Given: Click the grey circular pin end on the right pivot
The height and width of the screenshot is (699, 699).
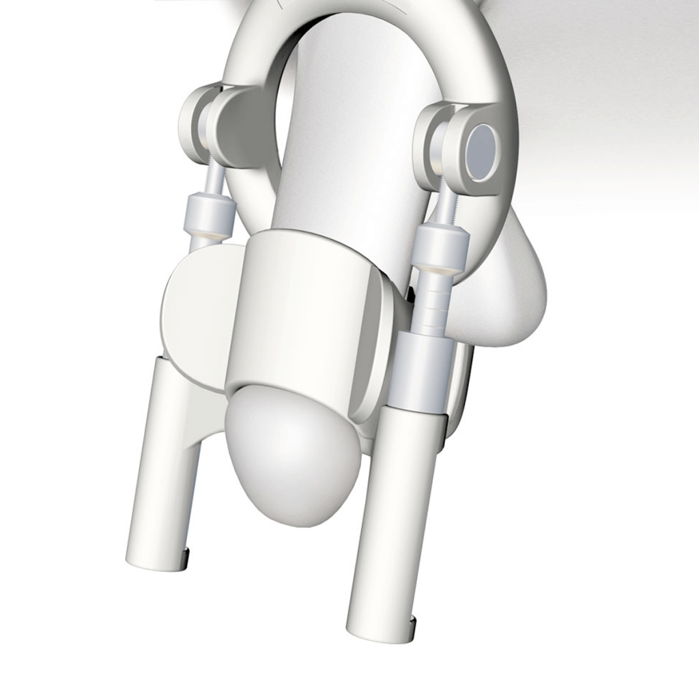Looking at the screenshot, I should (x=483, y=152).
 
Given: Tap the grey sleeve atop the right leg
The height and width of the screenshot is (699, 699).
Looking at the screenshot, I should (x=422, y=372).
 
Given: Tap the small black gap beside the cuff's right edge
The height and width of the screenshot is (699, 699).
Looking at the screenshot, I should (x=412, y=295).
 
